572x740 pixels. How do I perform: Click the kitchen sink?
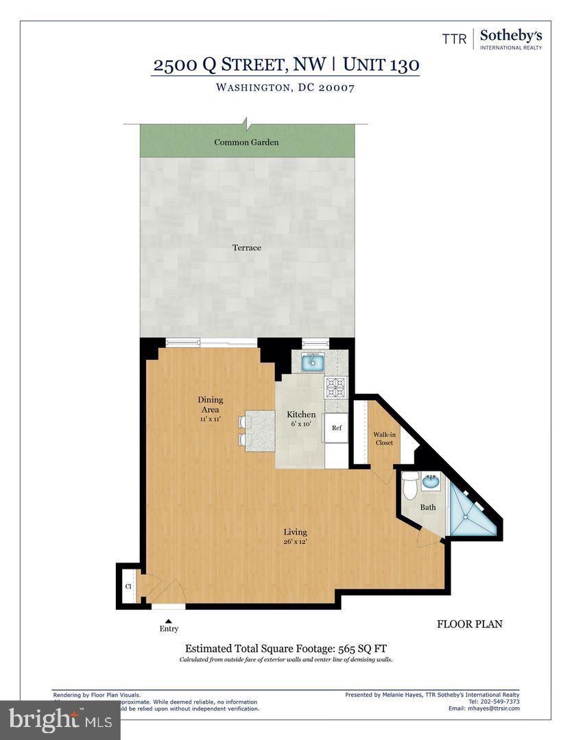pyautogui.click(x=315, y=360)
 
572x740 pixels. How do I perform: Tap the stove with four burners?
pyautogui.click(x=335, y=388)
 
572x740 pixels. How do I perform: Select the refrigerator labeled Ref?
pyautogui.click(x=336, y=428)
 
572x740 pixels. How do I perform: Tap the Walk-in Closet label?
pyautogui.click(x=383, y=439)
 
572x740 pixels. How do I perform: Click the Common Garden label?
pyautogui.click(x=246, y=143)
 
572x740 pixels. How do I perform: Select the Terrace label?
pyautogui.click(x=246, y=247)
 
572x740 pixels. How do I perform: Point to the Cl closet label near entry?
pyautogui.click(x=128, y=587)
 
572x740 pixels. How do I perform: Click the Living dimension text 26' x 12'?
pyautogui.click(x=296, y=543)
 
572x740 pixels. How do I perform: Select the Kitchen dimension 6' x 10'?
pyautogui.click(x=301, y=425)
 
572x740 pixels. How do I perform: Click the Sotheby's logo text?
pyautogui.click(x=510, y=36)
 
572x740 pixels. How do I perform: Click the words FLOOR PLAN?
pyautogui.click(x=469, y=624)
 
